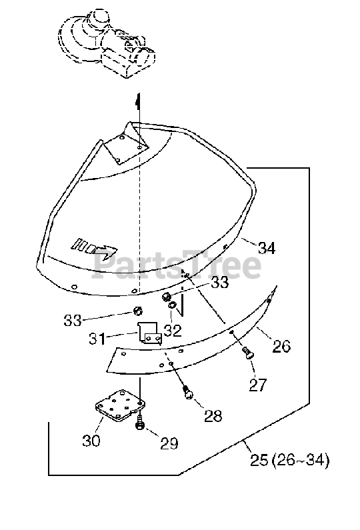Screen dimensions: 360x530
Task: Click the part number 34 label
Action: (x=267, y=248)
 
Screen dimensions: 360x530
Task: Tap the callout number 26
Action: (x=281, y=346)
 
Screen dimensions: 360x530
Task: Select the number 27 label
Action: (x=258, y=385)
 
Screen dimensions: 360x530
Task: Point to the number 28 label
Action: (x=213, y=415)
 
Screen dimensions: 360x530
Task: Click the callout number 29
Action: (x=169, y=443)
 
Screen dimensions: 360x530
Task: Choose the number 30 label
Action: (x=91, y=441)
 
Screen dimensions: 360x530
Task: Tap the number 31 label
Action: (x=97, y=339)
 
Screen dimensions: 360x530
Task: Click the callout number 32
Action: (x=173, y=331)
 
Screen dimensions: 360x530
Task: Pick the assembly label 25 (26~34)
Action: (x=289, y=460)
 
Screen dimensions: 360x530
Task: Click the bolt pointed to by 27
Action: (x=248, y=352)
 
